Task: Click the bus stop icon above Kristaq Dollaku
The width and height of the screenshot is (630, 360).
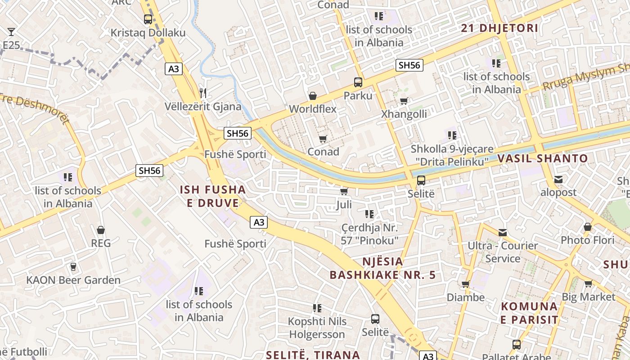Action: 148,19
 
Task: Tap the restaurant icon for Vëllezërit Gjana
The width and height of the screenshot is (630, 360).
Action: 203,93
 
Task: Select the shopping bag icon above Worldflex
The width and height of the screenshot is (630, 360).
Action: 312,96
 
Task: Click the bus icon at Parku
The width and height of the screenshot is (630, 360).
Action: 358,82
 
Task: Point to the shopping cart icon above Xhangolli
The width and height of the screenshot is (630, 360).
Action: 404,101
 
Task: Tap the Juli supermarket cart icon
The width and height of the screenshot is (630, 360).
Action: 344,192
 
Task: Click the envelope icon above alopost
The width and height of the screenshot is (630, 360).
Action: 558,180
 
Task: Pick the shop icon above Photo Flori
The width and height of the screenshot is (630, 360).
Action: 588,227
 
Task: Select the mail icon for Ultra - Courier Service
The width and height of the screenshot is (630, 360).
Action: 503,233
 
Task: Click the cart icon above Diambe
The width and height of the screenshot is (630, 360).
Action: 466,284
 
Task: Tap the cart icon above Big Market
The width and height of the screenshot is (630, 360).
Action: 588,284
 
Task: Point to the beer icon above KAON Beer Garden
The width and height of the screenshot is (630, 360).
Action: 73,267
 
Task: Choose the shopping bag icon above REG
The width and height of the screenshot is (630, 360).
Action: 101,230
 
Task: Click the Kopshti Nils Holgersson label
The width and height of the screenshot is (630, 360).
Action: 317,328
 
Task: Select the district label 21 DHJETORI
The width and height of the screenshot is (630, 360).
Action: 499,28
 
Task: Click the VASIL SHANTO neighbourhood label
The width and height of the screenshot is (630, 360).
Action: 542,158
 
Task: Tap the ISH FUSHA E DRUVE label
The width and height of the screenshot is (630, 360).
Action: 213,196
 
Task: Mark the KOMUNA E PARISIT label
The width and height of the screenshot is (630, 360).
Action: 529,313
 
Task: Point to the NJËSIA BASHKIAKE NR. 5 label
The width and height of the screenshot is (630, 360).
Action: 383,268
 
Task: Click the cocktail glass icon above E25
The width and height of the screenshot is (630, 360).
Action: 11,32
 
